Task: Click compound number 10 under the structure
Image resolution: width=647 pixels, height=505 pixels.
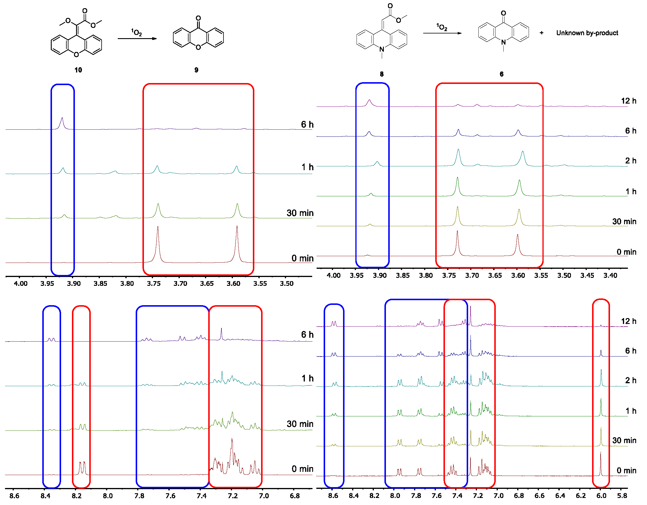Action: click(78, 70)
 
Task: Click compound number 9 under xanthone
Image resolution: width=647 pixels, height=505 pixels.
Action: click(196, 70)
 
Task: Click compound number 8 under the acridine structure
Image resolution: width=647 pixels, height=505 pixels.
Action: click(382, 74)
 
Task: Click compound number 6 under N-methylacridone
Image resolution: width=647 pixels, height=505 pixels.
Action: click(502, 74)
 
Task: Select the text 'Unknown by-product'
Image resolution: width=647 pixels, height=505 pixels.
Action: click(587, 33)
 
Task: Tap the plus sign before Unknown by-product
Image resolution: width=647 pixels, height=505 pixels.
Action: click(542, 33)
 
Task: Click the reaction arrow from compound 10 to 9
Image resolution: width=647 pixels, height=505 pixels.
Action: click(137, 38)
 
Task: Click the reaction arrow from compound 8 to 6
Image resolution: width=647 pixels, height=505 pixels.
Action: click(442, 33)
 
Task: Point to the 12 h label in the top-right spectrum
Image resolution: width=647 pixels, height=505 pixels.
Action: click(628, 101)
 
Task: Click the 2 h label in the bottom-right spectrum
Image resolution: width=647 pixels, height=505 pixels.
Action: click(631, 380)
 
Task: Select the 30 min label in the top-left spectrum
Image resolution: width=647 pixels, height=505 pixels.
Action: click(300, 213)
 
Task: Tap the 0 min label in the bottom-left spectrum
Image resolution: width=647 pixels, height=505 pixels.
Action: click(302, 469)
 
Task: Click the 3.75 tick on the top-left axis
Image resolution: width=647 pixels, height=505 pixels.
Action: click(154, 283)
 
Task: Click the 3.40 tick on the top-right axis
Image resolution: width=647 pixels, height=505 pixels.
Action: click(610, 276)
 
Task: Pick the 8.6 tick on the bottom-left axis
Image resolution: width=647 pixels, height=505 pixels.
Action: click(14, 496)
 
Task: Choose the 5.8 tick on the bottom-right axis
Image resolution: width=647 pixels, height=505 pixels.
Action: click(622, 496)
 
